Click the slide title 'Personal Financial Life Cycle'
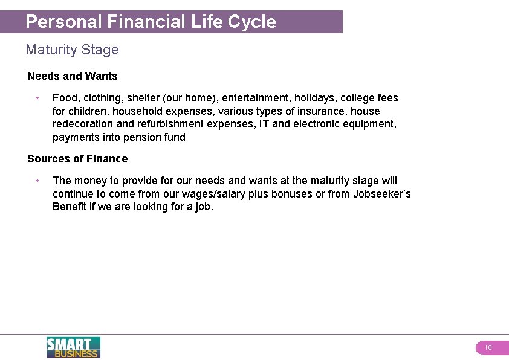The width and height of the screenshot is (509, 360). point(151,22)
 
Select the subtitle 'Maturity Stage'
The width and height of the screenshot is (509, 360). point(73,50)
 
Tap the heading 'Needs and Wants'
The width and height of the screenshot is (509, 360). point(73,76)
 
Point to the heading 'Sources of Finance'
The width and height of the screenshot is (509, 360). point(77,159)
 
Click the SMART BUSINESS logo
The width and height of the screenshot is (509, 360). point(73,347)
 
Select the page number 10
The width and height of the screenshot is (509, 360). point(488,347)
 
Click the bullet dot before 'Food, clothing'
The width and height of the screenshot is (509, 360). point(37,98)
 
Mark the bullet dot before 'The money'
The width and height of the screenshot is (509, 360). point(37,181)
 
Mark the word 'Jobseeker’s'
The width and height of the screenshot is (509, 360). point(382,194)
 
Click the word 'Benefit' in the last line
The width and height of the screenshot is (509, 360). point(70,207)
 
